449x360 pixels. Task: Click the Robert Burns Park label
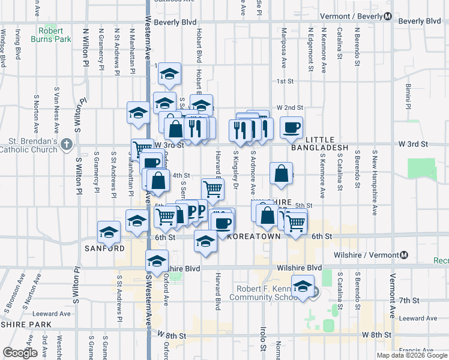55,35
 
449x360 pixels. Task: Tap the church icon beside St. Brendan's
67,145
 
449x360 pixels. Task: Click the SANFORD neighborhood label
104,248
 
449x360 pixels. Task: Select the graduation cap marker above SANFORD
109,230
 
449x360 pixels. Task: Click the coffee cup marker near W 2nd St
292,127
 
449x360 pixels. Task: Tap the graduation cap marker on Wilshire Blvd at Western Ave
157,261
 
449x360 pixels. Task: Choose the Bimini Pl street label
407,97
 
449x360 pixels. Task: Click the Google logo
20,352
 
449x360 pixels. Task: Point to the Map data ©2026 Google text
411,355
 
